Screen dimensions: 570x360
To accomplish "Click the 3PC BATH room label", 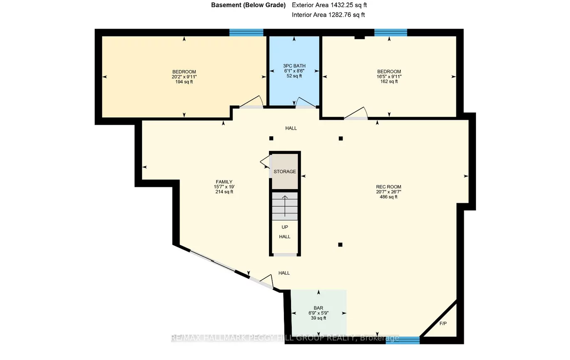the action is click(x=294, y=66).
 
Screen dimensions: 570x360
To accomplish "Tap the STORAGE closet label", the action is click(x=285, y=171).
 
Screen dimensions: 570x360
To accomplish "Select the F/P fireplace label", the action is click(x=443, y=323).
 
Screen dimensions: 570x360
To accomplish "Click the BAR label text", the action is click(x=318, y=308).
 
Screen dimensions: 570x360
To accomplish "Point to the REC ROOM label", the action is click(x=389, y=187).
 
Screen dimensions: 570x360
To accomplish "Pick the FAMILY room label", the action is click(x=224, y=182).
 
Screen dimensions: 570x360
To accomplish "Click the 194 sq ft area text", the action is click(x=184, y=81).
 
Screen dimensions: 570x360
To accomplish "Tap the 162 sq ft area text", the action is click(x=389, y=81).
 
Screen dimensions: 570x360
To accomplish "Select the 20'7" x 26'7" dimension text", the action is click(x=389, y=192).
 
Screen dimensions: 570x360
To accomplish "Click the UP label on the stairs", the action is click(x=285, y=227).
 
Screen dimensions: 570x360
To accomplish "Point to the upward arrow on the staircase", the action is click(x=285, y=206).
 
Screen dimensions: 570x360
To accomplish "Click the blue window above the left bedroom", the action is click(x=246, y=32).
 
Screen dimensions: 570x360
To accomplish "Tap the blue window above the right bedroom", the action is click(x=391, y=32).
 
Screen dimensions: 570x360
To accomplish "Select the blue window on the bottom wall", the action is click(x=402, y=340).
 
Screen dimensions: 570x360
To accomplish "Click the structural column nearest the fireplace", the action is click(x=340, y=245).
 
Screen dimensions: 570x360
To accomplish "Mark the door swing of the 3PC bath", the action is click(x=305, y=102).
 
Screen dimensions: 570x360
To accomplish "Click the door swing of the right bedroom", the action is click(x=356, y=113).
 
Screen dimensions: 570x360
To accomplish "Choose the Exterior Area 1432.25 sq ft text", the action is click(x=329, y=5).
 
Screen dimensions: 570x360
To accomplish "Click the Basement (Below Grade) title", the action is click(x=248, y=5).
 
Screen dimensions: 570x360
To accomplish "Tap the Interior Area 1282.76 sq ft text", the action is click(x=328, y=15).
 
